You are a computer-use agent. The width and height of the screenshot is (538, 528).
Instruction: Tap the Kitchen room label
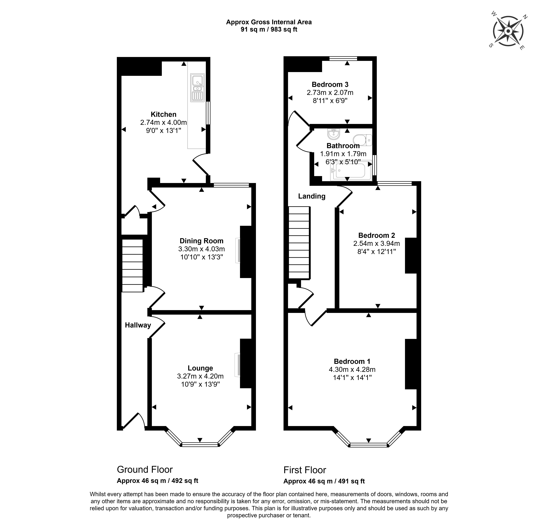pos(163,114)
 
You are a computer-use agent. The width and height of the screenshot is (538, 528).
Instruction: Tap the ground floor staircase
pos(133,265)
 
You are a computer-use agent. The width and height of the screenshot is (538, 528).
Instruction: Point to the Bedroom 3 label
pos(330,84)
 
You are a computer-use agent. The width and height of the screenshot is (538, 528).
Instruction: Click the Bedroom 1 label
pos(352,361)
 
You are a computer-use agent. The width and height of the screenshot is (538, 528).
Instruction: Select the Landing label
pos(312,196)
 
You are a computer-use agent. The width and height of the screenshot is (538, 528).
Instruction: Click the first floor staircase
pos(299,243)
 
